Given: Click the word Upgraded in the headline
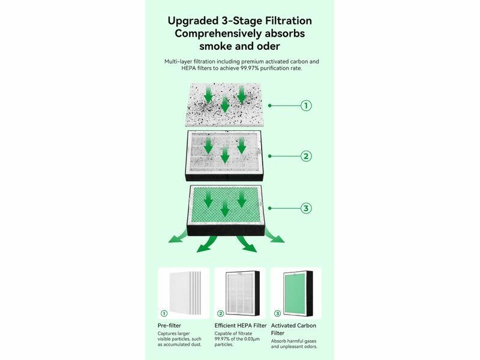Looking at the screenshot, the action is click(x=193, y=21).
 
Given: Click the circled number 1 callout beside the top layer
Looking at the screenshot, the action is click(x=306, y=106).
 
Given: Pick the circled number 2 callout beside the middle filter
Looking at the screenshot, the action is click(x=306, y=156).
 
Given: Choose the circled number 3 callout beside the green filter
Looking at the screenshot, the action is click(x=306, y=208).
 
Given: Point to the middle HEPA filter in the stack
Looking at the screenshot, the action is click(x=224, y=155).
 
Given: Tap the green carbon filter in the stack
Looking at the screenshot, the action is click(x=226, y=210).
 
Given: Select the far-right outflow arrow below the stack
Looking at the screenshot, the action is click(x=274, y=236).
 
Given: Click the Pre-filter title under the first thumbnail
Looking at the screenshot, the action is click(x=169, y=325).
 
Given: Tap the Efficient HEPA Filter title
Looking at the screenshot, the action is click(x=241, y=325).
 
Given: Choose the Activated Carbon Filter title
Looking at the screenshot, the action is click(x=293, y=329).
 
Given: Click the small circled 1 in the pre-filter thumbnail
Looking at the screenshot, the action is click(x=164, y=313).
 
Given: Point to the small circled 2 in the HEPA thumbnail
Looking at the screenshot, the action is click(x=220, y=313).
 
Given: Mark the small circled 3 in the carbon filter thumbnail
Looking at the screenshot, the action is click(x=277, y=313).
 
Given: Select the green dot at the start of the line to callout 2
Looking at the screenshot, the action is click(x=269, y=156).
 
